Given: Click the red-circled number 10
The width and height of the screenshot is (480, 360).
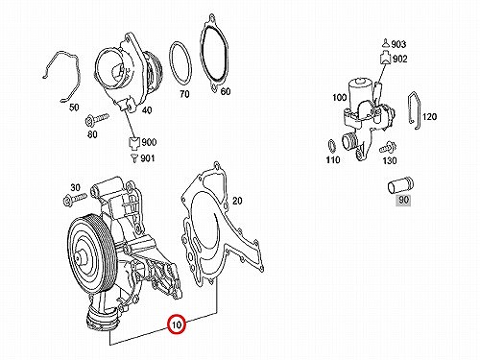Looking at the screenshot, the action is (177, 324).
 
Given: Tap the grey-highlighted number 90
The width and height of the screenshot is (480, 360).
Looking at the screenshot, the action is (403, 200).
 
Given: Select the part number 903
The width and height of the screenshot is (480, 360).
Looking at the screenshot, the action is (398, 44).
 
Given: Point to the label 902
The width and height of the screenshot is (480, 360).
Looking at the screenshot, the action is (400, 59).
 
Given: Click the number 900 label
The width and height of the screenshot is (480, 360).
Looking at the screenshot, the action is (149, 142).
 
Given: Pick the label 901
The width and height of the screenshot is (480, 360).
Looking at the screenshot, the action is (148, 158).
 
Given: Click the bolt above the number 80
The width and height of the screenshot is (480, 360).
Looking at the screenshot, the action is (97, 119).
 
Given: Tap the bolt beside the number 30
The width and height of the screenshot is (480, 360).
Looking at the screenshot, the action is (75, 200).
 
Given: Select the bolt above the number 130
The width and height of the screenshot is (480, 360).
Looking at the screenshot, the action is (388, 148).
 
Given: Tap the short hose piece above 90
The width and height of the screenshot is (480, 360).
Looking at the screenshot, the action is (400, 187).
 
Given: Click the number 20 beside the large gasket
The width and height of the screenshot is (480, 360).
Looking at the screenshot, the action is (237, 201).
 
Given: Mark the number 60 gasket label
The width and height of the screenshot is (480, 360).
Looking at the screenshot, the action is (226, 91).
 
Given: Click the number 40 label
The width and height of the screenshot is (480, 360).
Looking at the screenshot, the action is (147, 110).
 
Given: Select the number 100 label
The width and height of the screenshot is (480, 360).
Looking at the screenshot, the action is (340, 97).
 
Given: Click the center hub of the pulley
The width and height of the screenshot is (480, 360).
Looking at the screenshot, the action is (79, 257).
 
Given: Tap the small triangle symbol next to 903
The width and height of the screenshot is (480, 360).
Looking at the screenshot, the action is (386, 43).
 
